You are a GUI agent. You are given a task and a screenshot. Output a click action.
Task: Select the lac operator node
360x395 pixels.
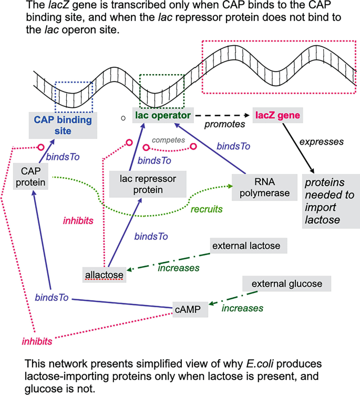click(x=162, y=115)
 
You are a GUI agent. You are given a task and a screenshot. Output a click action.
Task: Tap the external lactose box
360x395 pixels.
click(x=249, y=246)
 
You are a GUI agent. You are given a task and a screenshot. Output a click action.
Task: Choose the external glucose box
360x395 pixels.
click(x=287, y=284)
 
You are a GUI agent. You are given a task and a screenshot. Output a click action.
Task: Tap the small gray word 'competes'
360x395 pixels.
click(x=166, y=140)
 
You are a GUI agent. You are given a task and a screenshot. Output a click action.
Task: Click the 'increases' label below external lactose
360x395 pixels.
click(x=179, y=268)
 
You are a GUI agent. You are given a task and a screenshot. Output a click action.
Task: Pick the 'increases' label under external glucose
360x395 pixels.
click(x=242, y=308)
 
